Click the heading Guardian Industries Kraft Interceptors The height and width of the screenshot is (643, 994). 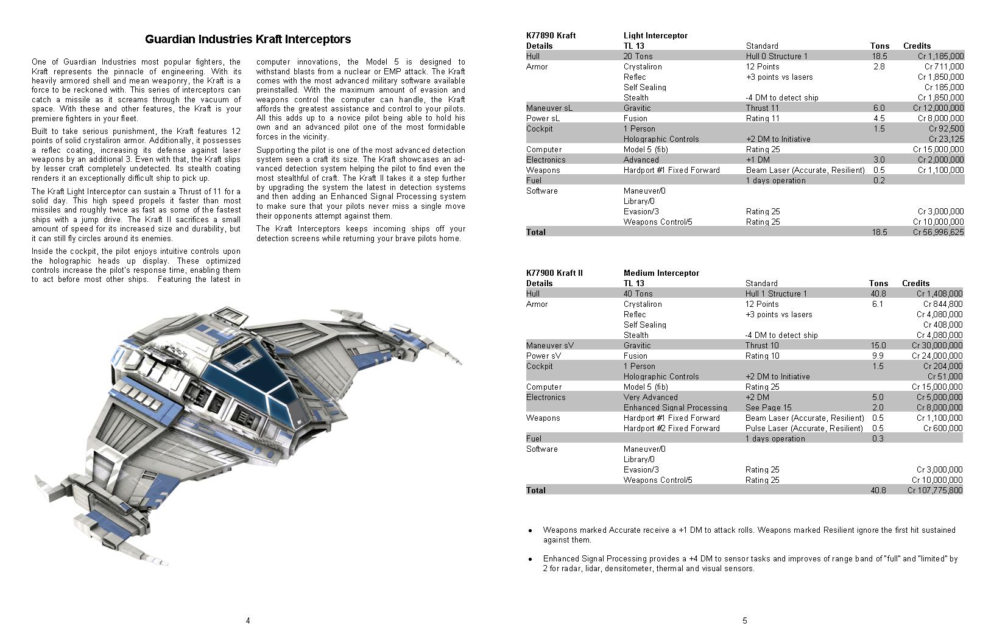point(248,40)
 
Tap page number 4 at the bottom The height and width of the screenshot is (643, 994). point(248,621)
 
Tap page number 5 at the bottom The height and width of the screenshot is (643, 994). point(745,621)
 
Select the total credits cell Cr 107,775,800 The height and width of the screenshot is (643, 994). point(935,490)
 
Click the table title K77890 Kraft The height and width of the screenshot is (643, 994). point(551,35)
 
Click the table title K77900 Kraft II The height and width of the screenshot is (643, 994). point(554,273)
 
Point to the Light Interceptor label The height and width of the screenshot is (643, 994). point(655,35)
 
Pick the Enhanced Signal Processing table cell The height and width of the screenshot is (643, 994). point(675,407)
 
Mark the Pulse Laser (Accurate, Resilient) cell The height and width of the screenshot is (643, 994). point(804,428)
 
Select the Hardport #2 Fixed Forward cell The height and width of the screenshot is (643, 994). point(671,428)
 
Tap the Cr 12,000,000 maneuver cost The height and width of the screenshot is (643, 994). point(938,108)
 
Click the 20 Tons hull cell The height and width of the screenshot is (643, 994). point(638,56)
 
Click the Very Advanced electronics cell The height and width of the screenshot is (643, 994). point(650,397)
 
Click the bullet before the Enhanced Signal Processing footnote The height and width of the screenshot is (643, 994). point(530,559)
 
